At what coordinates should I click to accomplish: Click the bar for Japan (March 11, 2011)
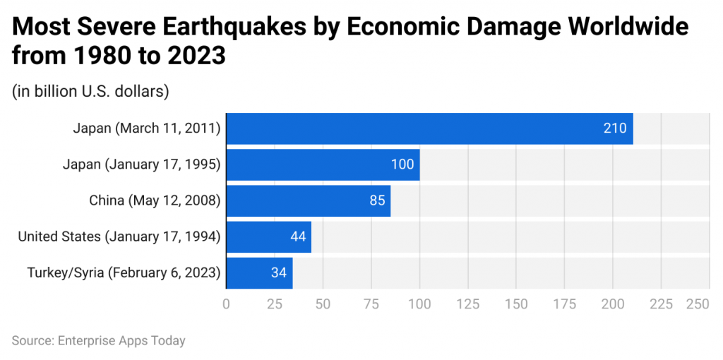pyautogui.click(x=429, y=128)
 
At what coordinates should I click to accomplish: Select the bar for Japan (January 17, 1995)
pyautogui.click(x=323, y=164)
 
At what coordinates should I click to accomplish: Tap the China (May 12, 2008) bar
pyautogui.click(x=308, y=200)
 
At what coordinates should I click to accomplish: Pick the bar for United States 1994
pyautogui.click(x=268, y=236)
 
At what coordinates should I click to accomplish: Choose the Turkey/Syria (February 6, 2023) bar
pyautogui.click(x=259, y=272)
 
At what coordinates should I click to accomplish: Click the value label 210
pyautogui.click(x=614, y=128)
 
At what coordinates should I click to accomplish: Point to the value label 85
pyautogui.click(x=377, y=200)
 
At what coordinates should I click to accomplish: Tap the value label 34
pyautogui.click(x=279, y=272)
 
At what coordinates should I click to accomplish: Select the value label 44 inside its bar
pyautogui.click(x=298, y=236)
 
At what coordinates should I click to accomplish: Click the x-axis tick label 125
pyautogui.click(x=467, y=304)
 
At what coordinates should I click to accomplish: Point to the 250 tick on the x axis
pyautogui.click(x=698, y=304)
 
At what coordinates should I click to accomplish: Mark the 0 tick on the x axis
pyautogui.click(x=226, y=304)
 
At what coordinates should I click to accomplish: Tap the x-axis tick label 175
pyautogui.click(x=564, y=304)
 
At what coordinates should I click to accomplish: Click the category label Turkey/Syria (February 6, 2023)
pyautogui.click(x=124, y=272)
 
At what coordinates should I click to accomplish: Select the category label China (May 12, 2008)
pyautogui.click(x=155, y=200)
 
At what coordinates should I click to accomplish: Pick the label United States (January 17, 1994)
pyautogui.click(x=119, y=236)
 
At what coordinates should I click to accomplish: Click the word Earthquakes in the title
pyautogui.click(x=240, y=27)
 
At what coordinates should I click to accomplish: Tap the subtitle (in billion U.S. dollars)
pyautogui.click(x=90, y=91)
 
